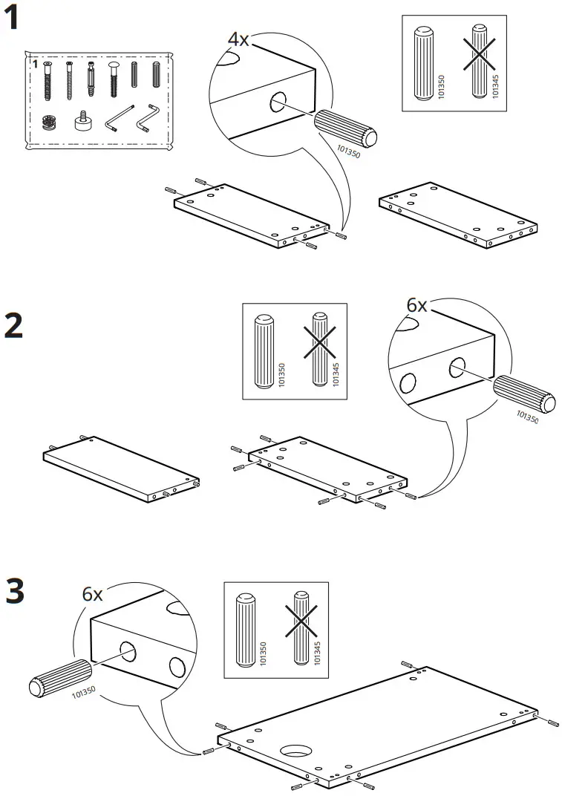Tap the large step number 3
(x=14, y=591)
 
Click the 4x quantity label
(x=238, y=39)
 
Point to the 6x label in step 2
(x=417, y=305)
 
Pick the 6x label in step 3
(x=92, y=594)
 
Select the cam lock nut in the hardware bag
(x=50, y=120)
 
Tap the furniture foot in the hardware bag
(x=81, y=120)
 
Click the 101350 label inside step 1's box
(x=440, y=87)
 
